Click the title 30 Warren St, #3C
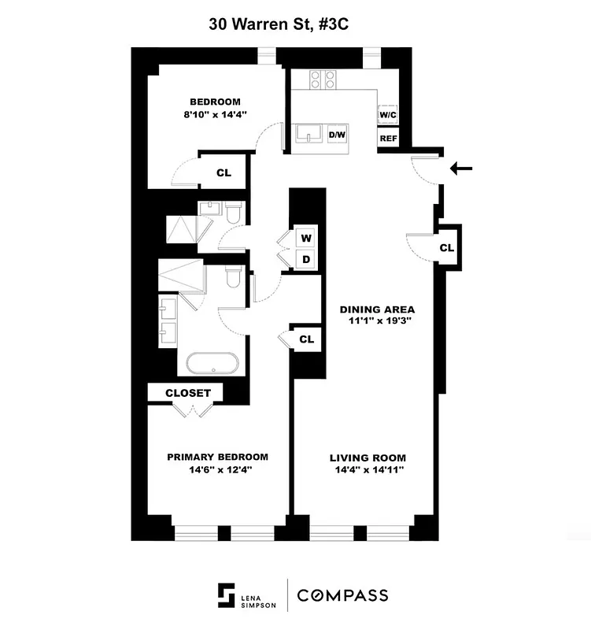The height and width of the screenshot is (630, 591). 279,24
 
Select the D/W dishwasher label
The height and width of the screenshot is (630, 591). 337,135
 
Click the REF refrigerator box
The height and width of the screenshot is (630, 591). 388,139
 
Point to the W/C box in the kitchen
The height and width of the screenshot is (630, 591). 388,115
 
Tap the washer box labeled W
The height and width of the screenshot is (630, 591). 306,238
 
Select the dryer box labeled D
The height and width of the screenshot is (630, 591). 306,260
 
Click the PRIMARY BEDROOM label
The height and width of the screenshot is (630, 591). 216,457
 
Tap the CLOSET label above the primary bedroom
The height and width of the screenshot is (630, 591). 188,393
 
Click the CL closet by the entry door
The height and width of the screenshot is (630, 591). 446,247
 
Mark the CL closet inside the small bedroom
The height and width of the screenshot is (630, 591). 223,172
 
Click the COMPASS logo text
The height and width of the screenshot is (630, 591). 342,595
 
